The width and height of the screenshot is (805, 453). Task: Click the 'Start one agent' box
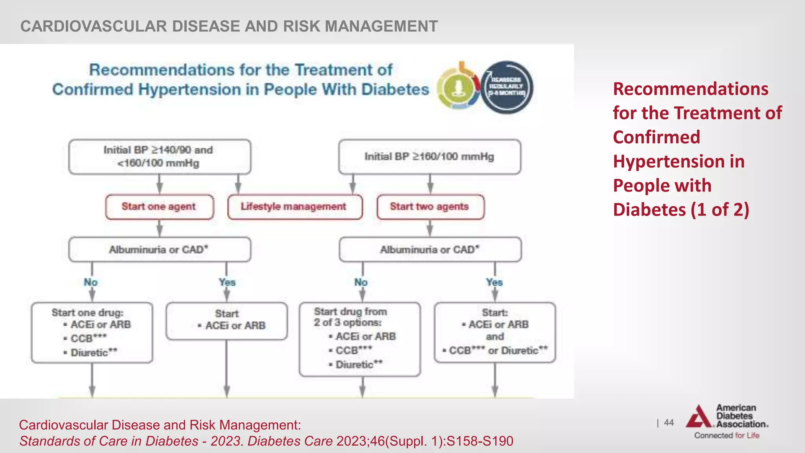point(159,207)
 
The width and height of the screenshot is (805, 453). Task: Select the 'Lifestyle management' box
point(294,207)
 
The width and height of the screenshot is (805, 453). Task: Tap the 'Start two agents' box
point(430,207)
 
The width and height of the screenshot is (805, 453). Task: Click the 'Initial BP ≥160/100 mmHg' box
point(429,157)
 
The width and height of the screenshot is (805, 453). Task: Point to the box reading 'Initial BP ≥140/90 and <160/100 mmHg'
point(159,157)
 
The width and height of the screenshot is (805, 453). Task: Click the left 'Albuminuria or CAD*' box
point(159,249)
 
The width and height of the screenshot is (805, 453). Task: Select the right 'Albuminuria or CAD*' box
point(430,249)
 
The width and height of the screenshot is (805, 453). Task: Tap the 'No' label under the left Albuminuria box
point(91,282)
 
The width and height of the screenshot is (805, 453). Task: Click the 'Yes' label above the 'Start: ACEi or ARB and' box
point(494,282)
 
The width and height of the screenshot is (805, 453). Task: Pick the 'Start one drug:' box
point(92,332)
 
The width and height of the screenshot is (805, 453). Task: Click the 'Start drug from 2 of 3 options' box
point(359,339)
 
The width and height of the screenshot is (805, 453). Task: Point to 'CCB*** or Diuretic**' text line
point(495,350)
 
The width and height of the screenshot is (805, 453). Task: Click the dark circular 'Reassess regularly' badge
point(507,87)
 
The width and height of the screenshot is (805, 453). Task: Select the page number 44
point(669,422)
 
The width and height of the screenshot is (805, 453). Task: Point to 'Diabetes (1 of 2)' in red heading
point(681,209)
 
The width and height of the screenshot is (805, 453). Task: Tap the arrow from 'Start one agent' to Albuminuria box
point(159,228)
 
